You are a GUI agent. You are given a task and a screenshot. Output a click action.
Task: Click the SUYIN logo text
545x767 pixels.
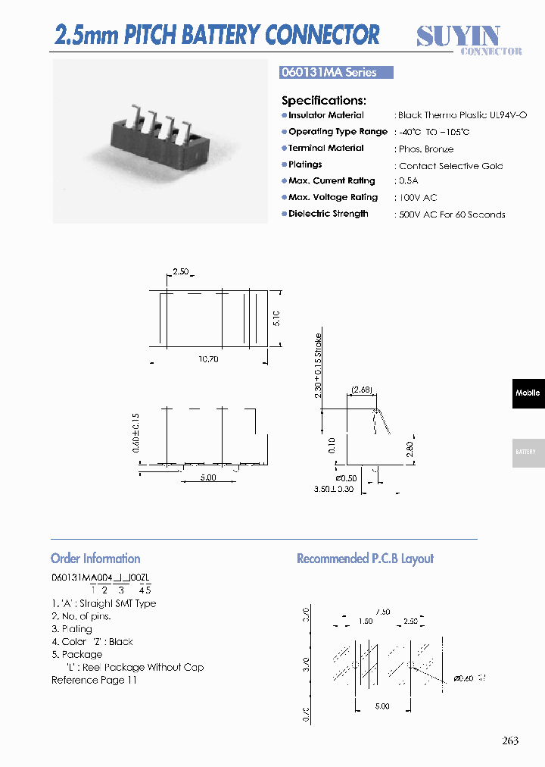(x=459, y=35)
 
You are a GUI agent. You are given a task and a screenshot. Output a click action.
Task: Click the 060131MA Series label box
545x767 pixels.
(x=337, y=73)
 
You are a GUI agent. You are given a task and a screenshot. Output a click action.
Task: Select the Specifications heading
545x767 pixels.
(x=324, y=100)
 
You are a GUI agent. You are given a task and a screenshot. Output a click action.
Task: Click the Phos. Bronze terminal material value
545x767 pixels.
(x=426, y=149)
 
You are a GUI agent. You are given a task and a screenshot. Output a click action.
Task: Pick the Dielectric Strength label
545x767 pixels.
(x=329, y=214)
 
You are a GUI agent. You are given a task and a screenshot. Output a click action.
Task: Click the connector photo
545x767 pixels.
(x=160, y=142)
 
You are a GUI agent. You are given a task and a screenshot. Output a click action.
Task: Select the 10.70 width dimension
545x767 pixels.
(x=208, y=359)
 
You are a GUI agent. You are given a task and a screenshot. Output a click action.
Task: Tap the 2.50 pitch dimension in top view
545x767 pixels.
(x=181, y=271)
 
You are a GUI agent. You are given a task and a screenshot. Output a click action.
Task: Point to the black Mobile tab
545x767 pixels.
(x=528, y=393)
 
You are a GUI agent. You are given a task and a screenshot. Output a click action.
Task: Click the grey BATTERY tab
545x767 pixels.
(x=527, y=452)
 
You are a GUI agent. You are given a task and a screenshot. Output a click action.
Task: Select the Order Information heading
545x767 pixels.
(x=95, y=559)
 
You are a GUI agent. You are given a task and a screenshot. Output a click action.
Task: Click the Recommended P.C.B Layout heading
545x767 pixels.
(x=365, y=559)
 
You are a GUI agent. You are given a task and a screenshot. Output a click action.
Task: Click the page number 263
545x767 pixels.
(x=510, y=740)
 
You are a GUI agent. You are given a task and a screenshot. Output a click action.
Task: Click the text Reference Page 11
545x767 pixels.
(x=95, y=680)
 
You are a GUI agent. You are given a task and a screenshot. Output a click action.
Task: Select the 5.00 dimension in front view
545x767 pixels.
(x=208, y=477)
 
